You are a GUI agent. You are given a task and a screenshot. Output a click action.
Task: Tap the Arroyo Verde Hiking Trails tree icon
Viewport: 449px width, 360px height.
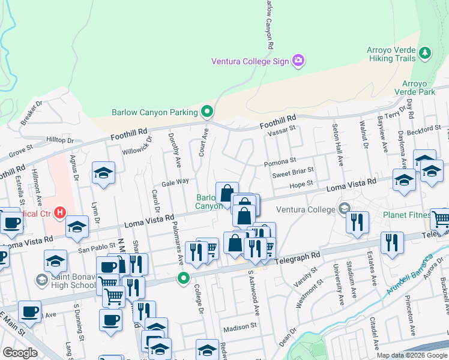426,53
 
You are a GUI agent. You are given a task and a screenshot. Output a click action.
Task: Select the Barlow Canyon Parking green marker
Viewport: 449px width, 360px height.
207,112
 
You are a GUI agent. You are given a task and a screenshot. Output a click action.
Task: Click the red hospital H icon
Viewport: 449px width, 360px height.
59,212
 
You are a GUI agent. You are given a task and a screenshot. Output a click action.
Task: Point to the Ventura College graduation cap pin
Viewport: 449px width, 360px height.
345,209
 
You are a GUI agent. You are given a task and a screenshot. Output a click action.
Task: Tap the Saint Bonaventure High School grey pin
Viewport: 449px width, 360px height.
41,280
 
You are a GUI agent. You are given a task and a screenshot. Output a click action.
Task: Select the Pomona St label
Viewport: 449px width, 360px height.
280,162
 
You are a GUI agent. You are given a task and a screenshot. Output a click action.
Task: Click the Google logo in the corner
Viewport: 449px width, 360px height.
20,353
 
